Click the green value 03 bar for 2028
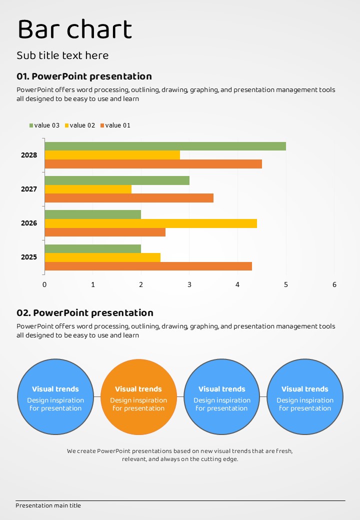[x=165, y=146]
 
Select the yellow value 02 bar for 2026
[x=150, y=223]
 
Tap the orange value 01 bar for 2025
[x=148, y=266]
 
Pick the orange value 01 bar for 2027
[x=129, y=198]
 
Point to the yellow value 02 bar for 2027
[x=88, y=189]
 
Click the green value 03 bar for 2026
[x=93, y=214]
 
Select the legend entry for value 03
[x=44, y=125]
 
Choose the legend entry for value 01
[x=115, y=125]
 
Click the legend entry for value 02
[x=80, y=125]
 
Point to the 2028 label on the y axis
[x=29, y=155]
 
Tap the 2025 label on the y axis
[x=29, y=257]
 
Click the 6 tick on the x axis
[x=334, y=285]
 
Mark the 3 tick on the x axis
[x=189, y=285]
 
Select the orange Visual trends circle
[x=138, y=397]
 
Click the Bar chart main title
[x=75, y=29]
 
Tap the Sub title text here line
[x=62, y=55]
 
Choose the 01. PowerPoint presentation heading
[x=84, y=76]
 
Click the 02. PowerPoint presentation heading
[x=85, y=313]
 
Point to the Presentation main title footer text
[x=48, y=505]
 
